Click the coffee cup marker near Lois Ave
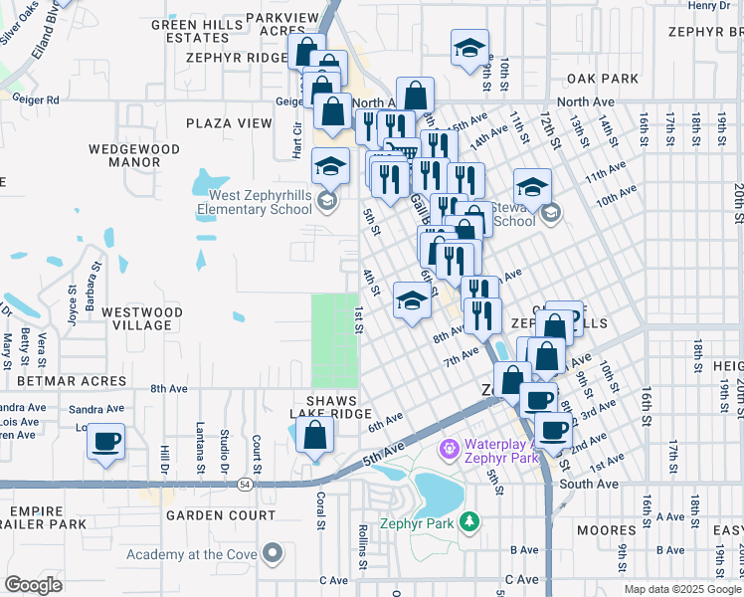tap(105, 441)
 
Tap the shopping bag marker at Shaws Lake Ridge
tap(314, 436)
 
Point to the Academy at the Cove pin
tap(272, 554)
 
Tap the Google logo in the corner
tap(33, 585)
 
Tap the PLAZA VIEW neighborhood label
tap(228, 123)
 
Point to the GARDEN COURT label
tap(221, 515)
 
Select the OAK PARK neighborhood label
tap(602, 78)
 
